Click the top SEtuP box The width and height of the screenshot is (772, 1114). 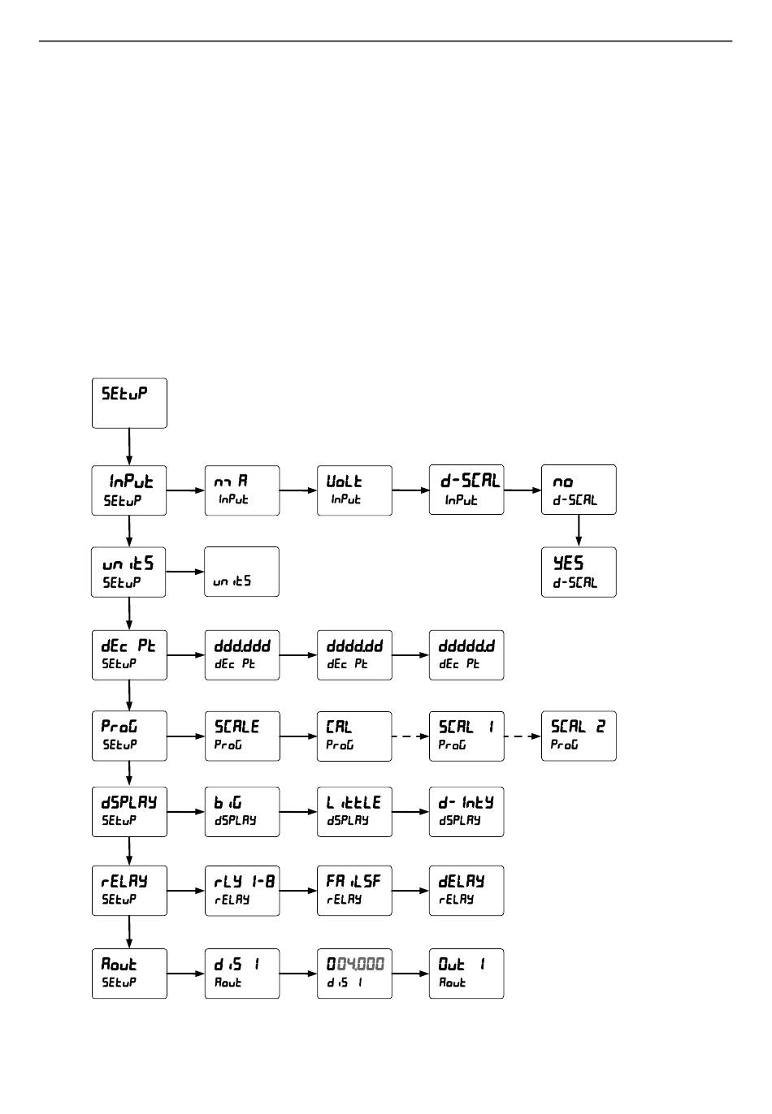point(129,403)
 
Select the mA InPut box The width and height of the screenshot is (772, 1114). point(241,490)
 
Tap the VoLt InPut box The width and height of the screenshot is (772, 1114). point(354,490)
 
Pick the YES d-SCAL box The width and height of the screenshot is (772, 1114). point(579,572)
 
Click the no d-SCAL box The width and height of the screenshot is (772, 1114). point(579,490)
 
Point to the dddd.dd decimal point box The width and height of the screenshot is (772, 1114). point(354,654)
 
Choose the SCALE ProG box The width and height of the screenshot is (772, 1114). point(241,736)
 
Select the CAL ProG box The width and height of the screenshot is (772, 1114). point(354,736)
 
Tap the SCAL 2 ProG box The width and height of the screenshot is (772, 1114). point(579,736)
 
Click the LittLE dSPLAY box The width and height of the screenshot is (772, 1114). point(354,811)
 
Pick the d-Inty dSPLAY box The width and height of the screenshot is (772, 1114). point(466,811)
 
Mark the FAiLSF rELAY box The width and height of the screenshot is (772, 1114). point(354,891)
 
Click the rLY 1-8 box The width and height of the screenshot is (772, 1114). point(241,891)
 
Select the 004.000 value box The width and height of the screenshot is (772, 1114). point(354,973)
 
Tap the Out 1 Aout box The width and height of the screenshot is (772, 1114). point(466,973)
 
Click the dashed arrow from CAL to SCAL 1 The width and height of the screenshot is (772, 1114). point(410,736)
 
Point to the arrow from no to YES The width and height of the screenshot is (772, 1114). point(579,530)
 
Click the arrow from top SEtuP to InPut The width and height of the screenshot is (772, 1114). point(129,447)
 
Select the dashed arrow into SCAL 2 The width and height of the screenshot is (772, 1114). point(523,736)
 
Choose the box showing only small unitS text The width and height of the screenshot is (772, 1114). point(241,572)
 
